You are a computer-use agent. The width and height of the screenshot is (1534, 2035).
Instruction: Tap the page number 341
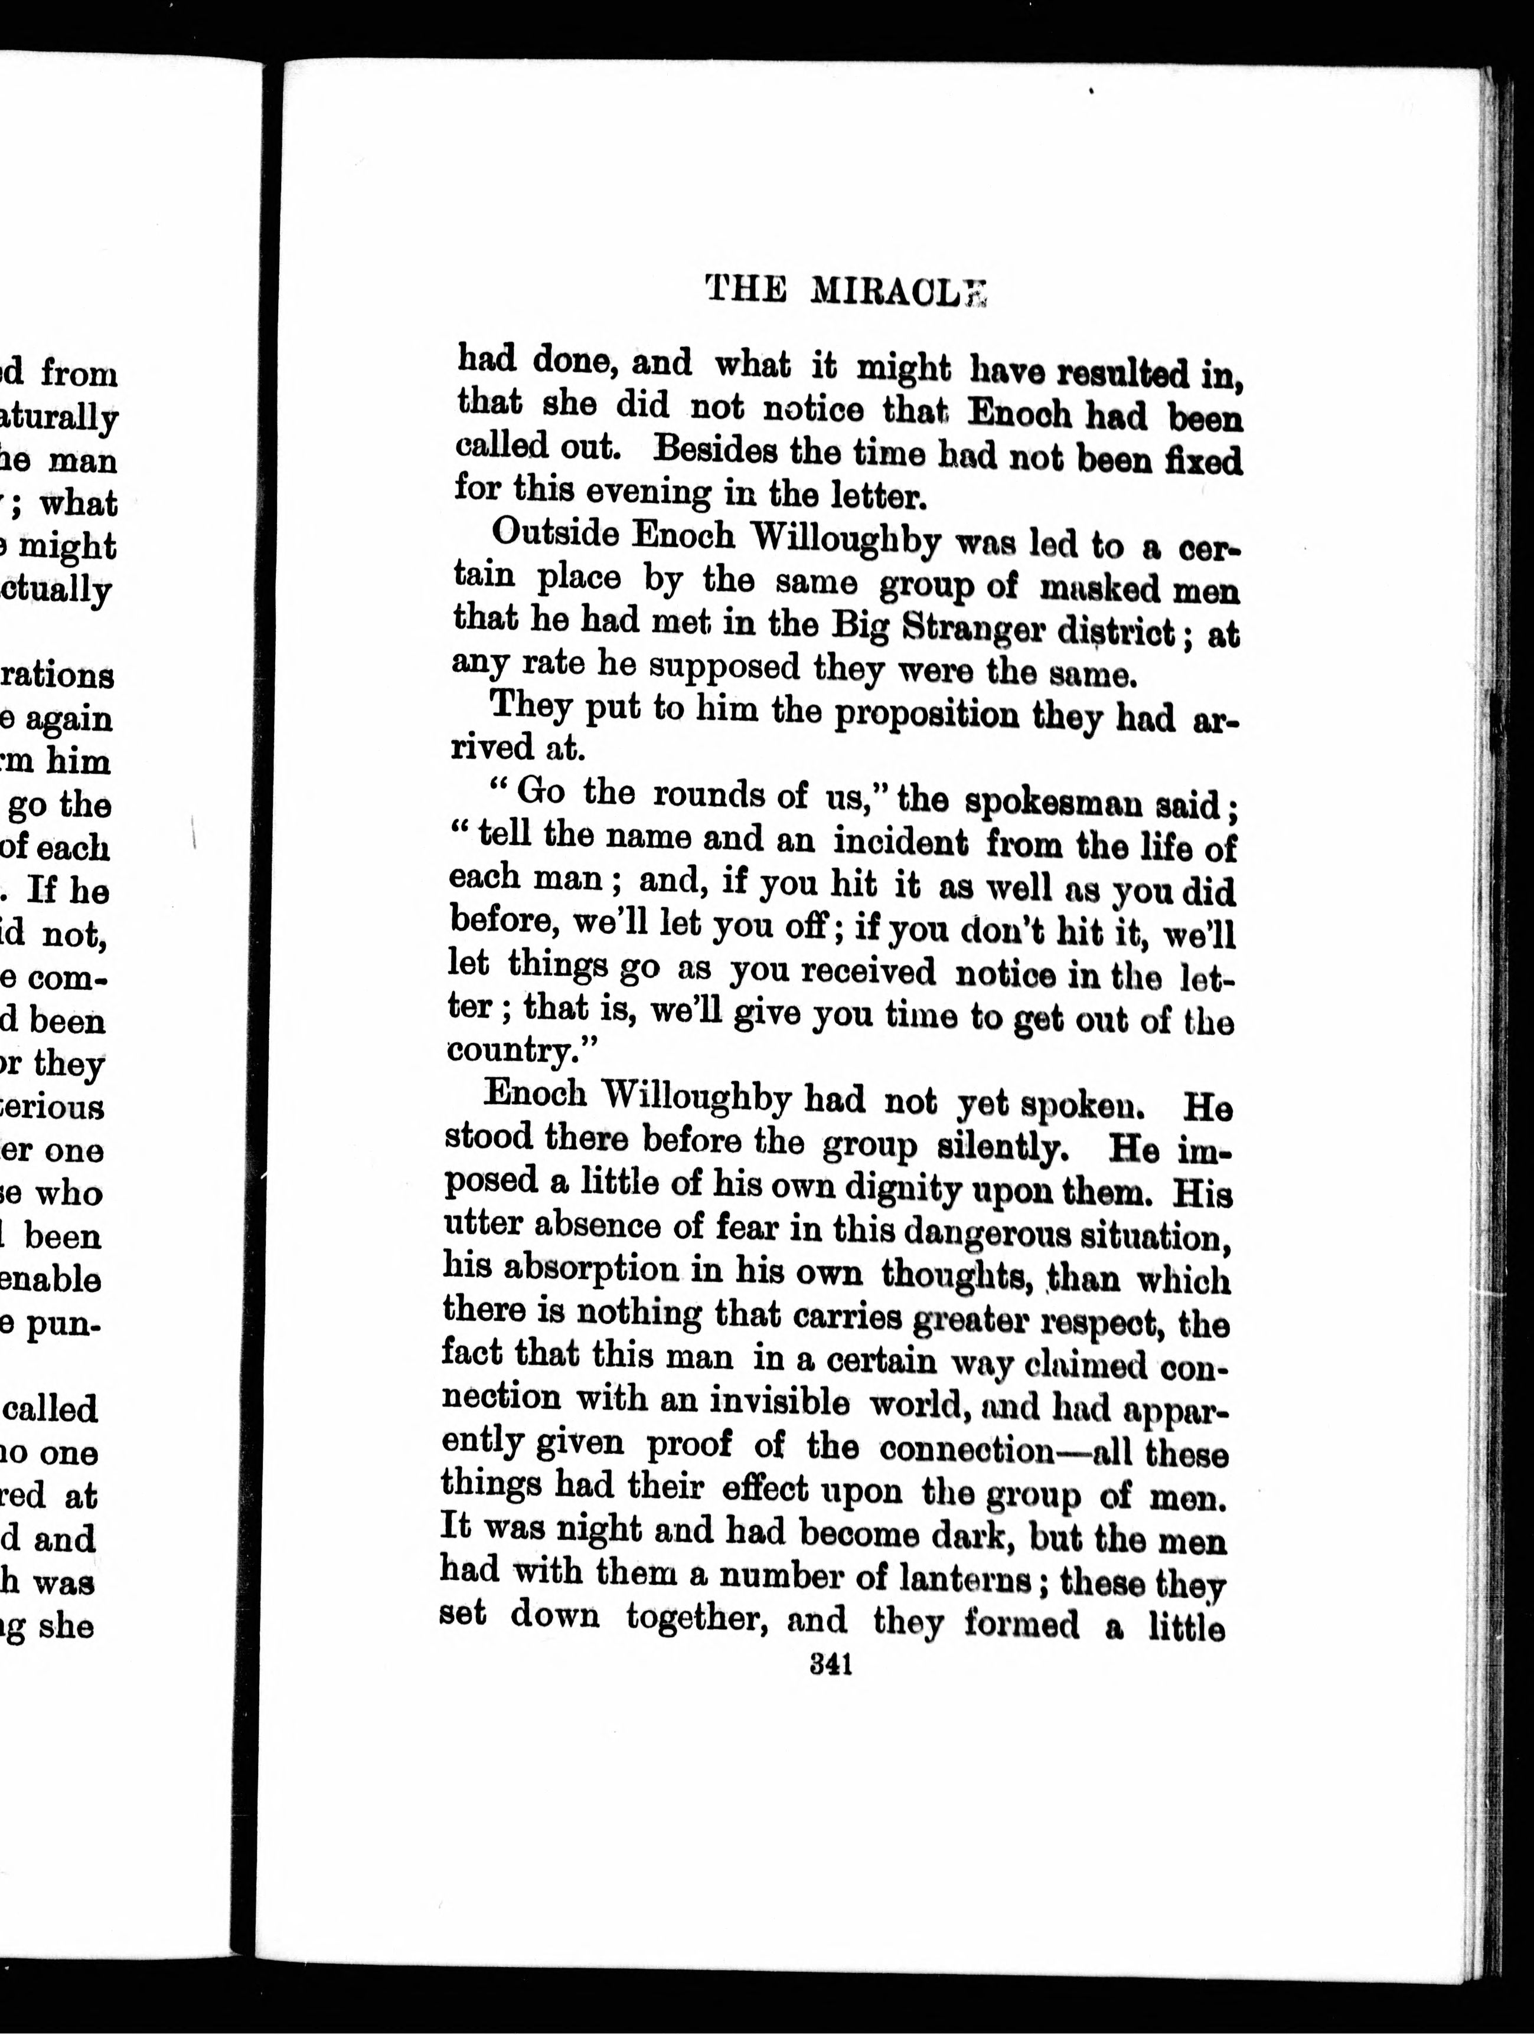[831, 1665]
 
